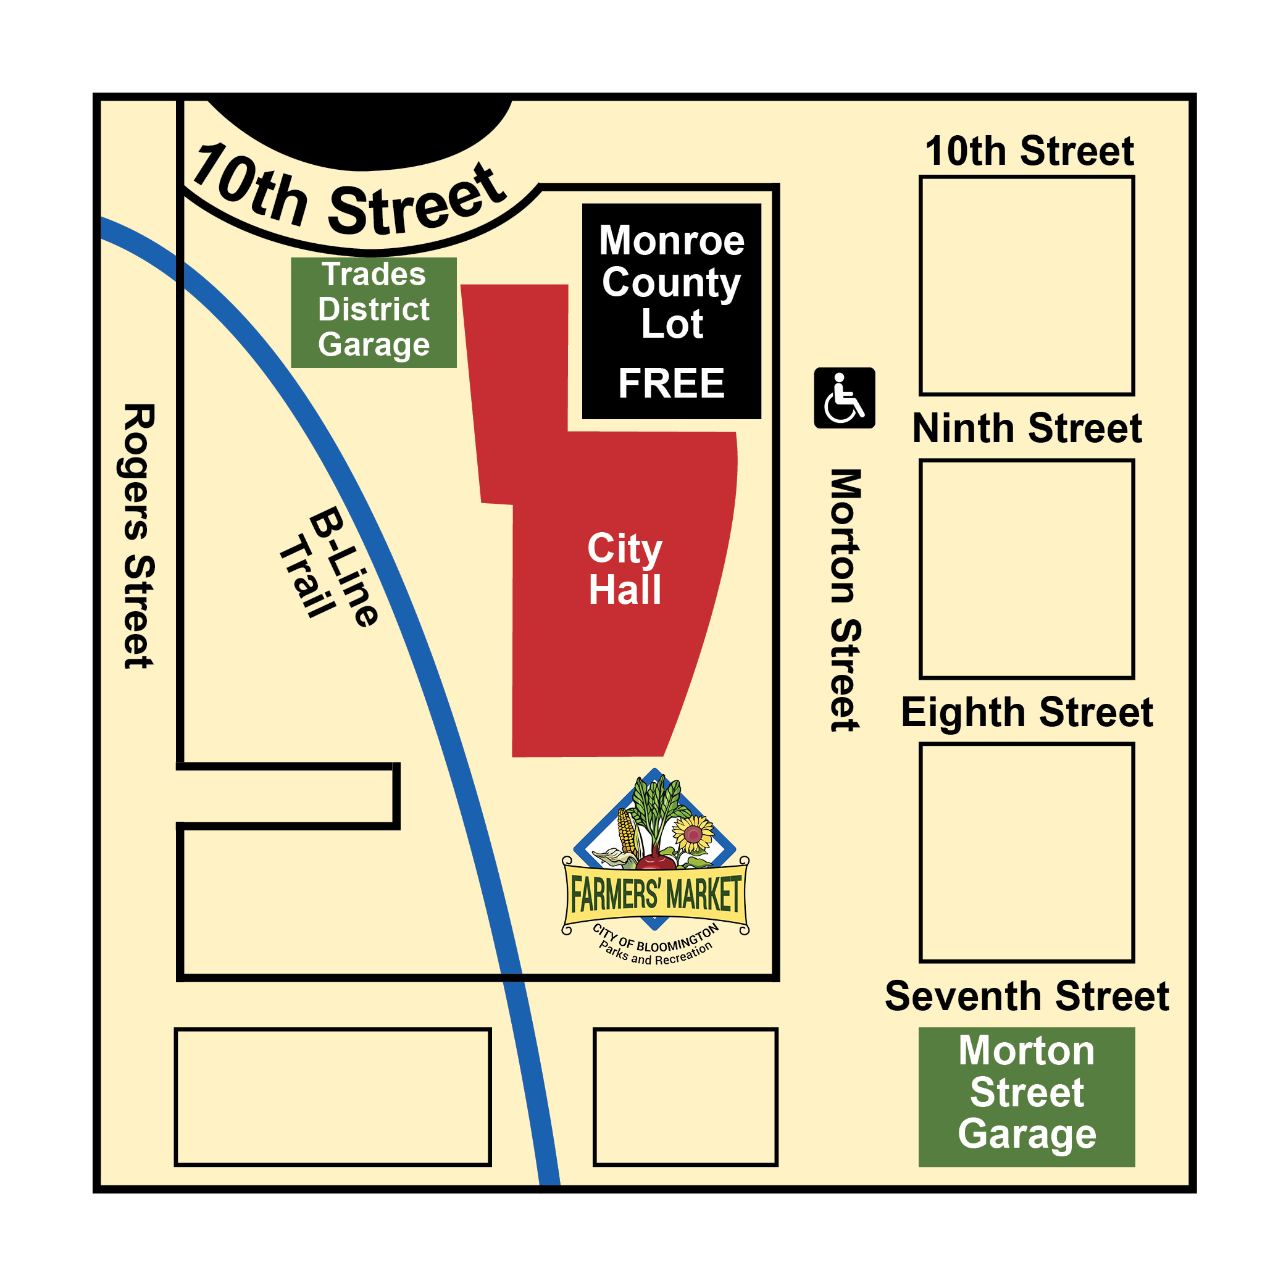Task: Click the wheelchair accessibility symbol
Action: (844, 398)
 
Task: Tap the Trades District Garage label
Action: (374, 310)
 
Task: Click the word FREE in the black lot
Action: (671, 383)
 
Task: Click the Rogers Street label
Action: (138, 536)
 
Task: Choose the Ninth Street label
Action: (1027, 428)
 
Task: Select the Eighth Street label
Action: (1027, 712)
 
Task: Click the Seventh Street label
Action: (1027, 996)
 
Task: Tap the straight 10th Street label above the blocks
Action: (1029, 151)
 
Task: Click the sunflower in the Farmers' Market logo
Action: (693, 834)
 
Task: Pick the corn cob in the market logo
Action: (627, 832)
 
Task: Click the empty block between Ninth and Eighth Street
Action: (1027, 569)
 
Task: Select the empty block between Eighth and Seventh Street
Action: (1027, 853)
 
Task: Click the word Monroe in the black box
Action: (671, 240)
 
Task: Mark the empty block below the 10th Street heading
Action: (1027, 286)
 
